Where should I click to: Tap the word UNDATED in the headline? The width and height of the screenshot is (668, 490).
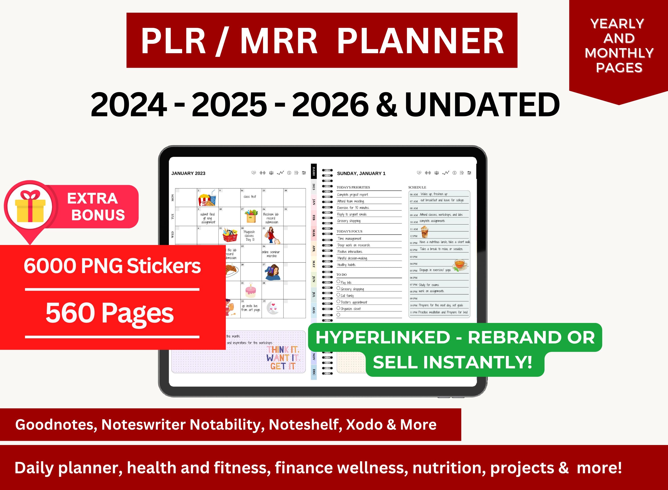click(482, 105)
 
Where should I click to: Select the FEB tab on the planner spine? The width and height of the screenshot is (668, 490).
click(314, 217)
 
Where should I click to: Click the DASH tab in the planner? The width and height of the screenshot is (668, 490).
click(314, 171)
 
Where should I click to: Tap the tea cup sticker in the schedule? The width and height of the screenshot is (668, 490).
click(460, 264)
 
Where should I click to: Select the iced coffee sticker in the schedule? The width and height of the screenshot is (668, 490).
click(425, 232)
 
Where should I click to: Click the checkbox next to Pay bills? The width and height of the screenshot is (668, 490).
click(338, 282)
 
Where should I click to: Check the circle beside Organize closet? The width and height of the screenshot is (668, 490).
click(338, 308)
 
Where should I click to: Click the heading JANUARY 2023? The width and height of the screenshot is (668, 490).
click(188, 173)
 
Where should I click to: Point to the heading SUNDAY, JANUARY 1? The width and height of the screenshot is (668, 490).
click(361, 173)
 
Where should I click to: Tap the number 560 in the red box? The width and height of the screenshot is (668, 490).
click(70, 313)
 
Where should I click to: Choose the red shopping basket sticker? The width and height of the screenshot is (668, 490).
click(230, 235)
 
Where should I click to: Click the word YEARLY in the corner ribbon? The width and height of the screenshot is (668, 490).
click(617, 24)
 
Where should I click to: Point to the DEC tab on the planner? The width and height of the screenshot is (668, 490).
click(314, 372)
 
